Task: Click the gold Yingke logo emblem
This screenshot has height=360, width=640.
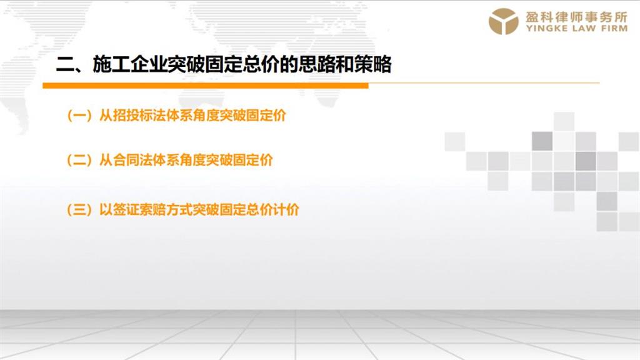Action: [503, 21]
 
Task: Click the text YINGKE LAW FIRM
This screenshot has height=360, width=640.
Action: [577, 29]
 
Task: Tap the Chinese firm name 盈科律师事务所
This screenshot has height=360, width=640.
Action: [576, 17]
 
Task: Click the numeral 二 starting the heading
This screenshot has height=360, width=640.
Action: [64, 64]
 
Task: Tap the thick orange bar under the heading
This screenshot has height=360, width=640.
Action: [206, 86]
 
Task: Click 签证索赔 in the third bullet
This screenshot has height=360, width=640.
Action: [139, 209]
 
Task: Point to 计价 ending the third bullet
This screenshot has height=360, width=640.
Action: [286, 209]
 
